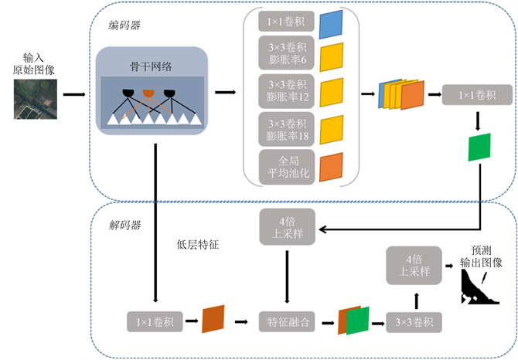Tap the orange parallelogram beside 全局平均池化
point(331,165)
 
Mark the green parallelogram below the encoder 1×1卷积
point(479,147)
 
